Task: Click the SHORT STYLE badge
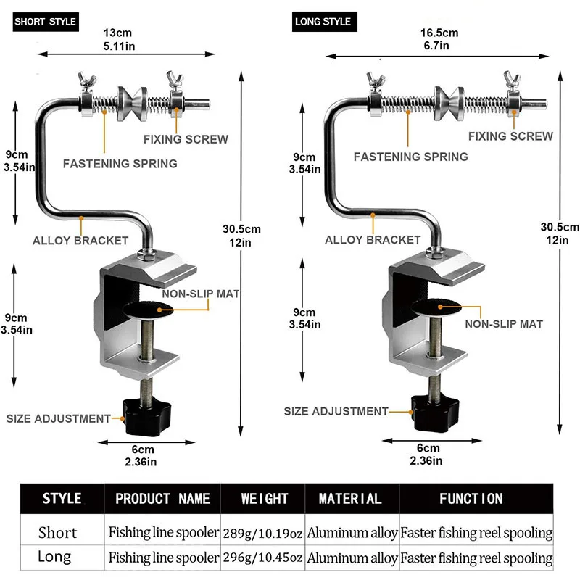45,22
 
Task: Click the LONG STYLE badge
323,22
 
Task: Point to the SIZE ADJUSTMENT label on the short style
59,418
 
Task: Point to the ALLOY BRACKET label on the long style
373,239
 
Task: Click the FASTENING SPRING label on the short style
120,163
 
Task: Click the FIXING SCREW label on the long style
510,136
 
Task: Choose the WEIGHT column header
265,499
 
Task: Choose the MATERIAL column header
350,499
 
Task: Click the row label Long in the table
54,557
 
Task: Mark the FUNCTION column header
471,499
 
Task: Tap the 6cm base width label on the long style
428,454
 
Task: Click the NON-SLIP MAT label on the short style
201,294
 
